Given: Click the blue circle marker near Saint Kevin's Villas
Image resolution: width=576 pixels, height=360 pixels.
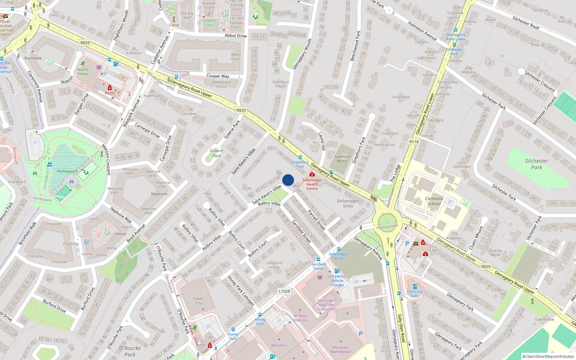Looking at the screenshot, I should pyautogui.click(x=288, y=180).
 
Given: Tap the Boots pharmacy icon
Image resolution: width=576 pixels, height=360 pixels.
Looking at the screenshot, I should pyautogui.click(x=110, y=87).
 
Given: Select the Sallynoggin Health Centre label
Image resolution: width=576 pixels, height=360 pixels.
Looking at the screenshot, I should pyautogui.click(x=312, y=184).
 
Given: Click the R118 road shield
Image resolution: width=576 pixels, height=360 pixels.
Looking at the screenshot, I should pyautogui.click(x=414, y=142).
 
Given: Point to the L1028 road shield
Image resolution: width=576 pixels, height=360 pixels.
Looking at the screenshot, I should pyautogui.click(x=284, y=291).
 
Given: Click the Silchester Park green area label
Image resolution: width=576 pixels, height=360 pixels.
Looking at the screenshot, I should pyautogui.click(x=536, y=164).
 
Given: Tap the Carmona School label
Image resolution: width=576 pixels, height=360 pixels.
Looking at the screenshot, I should pyautogui.click(x=434, y=201).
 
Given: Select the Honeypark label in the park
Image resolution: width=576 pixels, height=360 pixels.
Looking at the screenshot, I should pyautogui.click(x=67, y=171).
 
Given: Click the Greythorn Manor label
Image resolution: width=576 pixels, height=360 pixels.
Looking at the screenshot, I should pyautogui.click(x=342, y=159).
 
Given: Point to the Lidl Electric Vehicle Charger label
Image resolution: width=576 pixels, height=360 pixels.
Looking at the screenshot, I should pyautogui.click(x=337, y=280).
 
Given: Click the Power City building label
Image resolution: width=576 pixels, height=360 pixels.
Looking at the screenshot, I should pyautogui.click(x=198, y=301).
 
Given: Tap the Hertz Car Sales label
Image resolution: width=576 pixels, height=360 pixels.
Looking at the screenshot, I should pyautogui.click(x=415, y=294).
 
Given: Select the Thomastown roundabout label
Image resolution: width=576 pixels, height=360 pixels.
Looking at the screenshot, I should pyautogui.click(x=387, y=227).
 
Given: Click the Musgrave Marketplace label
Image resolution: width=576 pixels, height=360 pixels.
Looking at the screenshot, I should pyautogui.click(x=341, y=350).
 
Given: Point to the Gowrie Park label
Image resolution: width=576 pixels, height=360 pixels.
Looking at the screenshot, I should pyautogui.click(x=216, y=153).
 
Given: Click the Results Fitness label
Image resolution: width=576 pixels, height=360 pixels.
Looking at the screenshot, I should pyautogui.click(x=82, y=72).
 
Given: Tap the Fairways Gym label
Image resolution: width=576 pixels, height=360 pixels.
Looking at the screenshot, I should pyautogui.click(x=209, y=23).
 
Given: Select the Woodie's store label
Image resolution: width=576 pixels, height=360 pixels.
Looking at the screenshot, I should pyautogui.click(x=279, y=345).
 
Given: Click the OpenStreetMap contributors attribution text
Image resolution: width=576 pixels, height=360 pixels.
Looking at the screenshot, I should pyautogui.click(x=548, y=356).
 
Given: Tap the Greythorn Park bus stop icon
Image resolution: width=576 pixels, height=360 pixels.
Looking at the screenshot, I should pyautogui.click(x=300, y=157).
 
